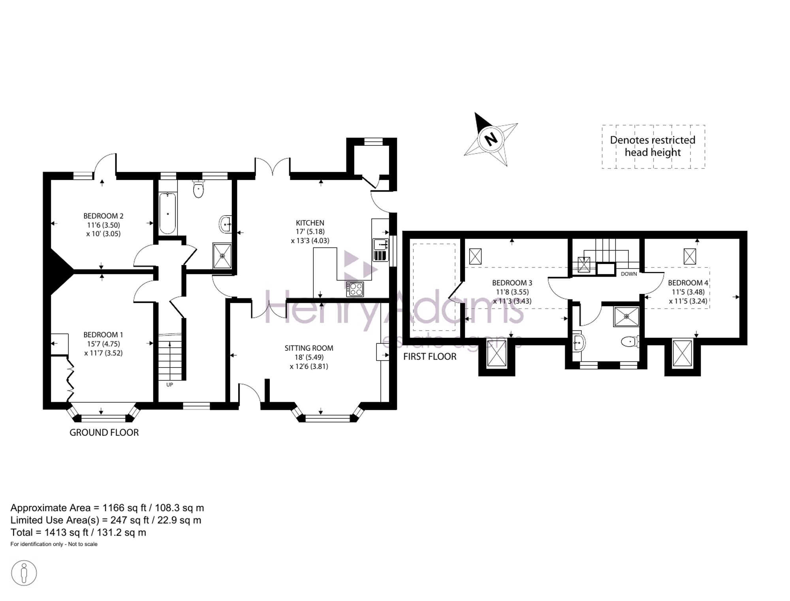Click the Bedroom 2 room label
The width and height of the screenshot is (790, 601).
103,216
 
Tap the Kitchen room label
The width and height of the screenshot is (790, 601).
310,223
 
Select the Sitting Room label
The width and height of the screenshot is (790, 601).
309,348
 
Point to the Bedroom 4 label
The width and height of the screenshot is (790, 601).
688,283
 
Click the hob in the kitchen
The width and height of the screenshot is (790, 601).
355,289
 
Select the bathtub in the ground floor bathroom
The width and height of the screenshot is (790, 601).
168,213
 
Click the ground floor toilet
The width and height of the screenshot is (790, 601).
198,189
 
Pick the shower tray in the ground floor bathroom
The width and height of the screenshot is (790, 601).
222,256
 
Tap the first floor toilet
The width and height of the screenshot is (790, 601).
630,342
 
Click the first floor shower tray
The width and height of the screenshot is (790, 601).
626,316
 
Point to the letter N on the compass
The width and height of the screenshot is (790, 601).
491,139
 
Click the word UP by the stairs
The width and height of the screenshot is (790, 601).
169,384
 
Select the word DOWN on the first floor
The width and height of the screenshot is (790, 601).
629,274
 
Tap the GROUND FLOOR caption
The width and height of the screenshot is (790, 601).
104,433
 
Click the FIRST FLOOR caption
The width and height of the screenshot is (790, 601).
430,357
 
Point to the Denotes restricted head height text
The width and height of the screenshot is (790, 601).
653,146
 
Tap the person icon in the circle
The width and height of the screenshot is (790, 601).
24,573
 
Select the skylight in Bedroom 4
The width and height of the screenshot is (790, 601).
690,256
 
